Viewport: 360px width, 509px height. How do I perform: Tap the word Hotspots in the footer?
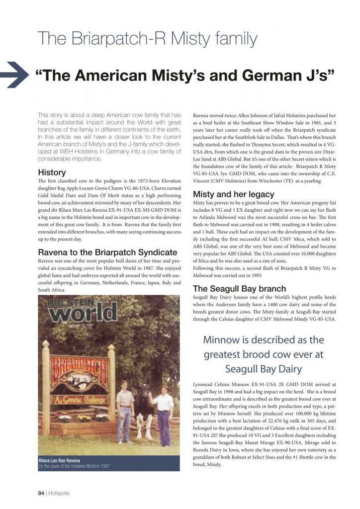click(x=59, y=493)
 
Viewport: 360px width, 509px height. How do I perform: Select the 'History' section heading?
click(x=52, y=172)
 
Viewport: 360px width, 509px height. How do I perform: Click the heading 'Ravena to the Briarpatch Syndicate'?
click(x=107, y=252)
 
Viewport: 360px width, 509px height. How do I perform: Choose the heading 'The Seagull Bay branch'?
click(x=239, y=288)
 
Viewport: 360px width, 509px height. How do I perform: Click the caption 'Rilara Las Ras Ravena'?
click(x=60, y=460)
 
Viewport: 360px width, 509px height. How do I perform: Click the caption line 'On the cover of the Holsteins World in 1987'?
click(x=74, y=466)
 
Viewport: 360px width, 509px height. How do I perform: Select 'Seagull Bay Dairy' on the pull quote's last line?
click(x=264, y=369)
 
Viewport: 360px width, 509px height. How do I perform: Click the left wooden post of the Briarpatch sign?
click(x=46, y=388)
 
